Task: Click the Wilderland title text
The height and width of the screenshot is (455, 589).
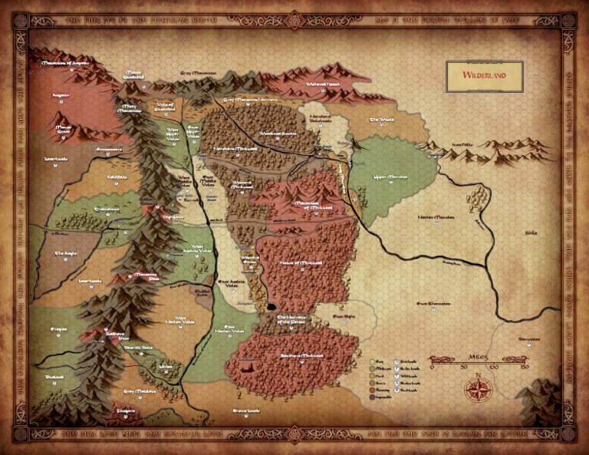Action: click(x=484, y=76)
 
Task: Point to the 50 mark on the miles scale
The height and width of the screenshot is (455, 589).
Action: click(x=462, y=367)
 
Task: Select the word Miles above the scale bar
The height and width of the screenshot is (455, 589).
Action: click(x=478, y=354)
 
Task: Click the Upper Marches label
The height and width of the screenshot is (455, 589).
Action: click(x=390, y=176)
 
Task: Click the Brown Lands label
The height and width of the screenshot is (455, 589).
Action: click(x=244, y=410)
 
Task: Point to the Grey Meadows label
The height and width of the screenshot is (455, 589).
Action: click(x=140, y=391)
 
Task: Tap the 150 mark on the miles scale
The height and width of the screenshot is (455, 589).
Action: click(x=522, y=367)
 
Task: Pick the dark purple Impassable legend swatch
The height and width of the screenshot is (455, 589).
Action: click(x=373, y=395)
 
